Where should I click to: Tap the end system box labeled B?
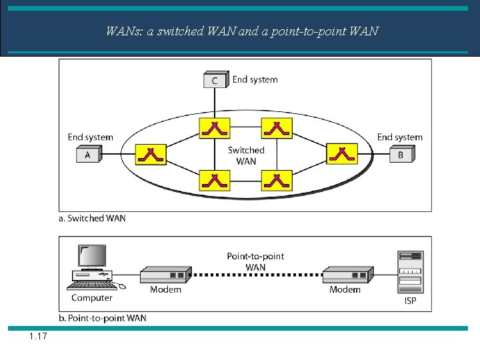click(401, 155)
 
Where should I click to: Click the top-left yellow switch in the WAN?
click(214, 127)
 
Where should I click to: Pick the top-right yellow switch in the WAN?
click(276, 127)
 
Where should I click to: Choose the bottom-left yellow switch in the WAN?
click(214, 180)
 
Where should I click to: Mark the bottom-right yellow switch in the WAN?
click(276, 180)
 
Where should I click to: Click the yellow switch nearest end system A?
click(151, 154)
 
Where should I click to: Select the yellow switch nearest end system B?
click(341, 154)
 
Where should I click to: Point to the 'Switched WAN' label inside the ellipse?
click(246, 155)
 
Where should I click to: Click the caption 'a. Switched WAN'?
click(93, 218)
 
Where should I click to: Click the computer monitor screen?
click(92, 256)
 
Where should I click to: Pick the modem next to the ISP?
click(346, 275)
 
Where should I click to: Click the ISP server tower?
click(409, 271)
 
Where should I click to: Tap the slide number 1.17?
click(38, 337)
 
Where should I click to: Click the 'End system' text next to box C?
click(255, 79)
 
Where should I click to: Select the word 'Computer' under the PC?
click(91, 297)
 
